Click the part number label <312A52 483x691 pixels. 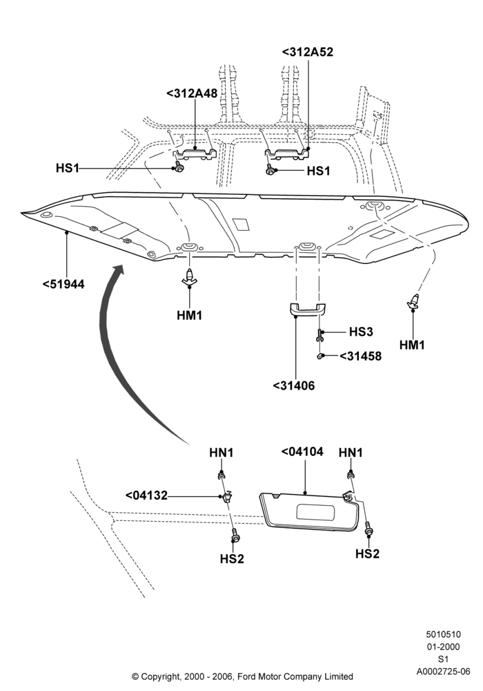307,52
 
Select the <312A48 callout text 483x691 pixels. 192,93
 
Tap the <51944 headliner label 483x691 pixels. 63,284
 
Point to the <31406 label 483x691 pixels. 294,386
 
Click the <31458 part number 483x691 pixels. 361,356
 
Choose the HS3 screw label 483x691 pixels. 361,332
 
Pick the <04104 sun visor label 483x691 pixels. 302,452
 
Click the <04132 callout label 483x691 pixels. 146,495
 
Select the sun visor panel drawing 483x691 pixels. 308,511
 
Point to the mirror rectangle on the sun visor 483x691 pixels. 316,512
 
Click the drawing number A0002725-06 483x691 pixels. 444,672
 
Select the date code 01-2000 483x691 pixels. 444,647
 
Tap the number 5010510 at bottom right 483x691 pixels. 444,634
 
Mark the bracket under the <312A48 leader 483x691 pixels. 195,154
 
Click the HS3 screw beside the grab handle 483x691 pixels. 319,336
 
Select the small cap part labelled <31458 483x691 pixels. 321,355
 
